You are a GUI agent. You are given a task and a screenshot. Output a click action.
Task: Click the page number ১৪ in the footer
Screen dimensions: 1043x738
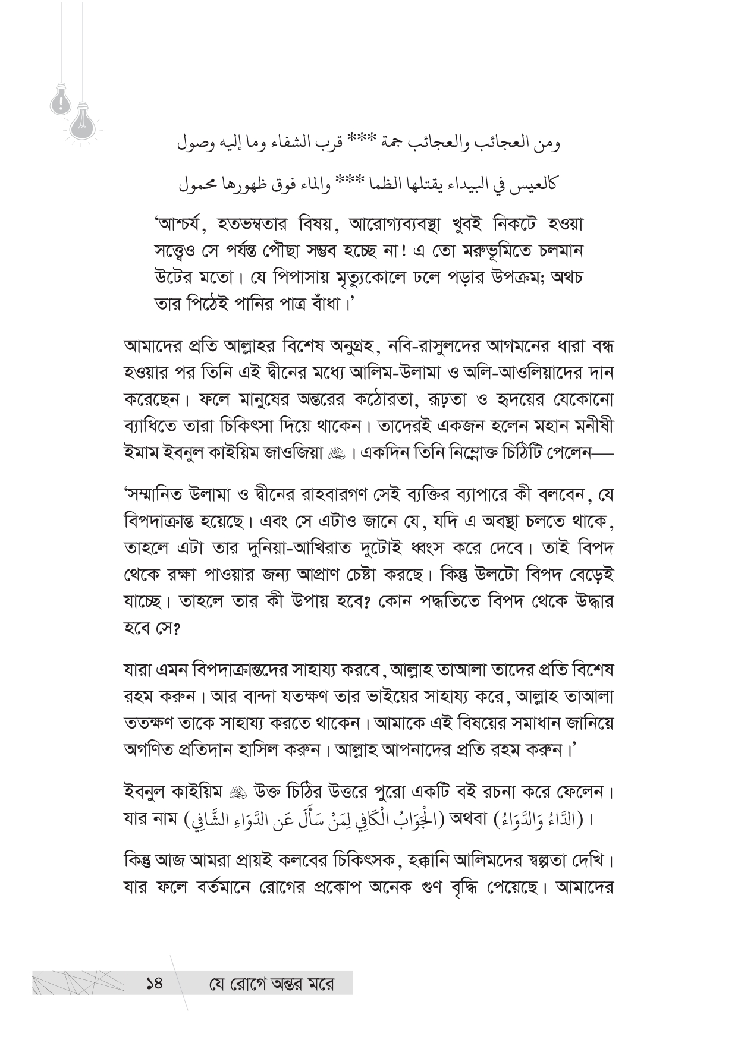tap(153, 984)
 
